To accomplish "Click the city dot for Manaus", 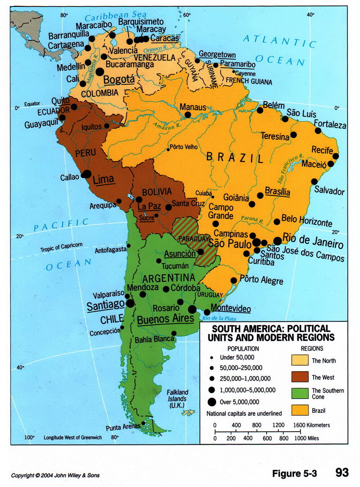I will click(188, 115).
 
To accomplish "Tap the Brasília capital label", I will click(277, 191).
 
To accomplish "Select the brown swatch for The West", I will click(300, 377).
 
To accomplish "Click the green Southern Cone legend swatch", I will click(300, 393).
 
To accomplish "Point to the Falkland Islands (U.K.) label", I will click(177, 398).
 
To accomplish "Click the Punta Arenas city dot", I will click(143, 423).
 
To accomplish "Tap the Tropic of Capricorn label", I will click(61, 247).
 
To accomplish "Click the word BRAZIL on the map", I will click(235, 158).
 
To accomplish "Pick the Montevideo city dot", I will click(207, 312).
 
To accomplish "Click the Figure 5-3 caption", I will click(294, 473).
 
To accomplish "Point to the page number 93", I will click(342, 473).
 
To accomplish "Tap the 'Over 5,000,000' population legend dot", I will click(212, 402).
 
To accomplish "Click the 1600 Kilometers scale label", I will click(311, 425).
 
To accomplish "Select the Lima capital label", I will click(103, 179).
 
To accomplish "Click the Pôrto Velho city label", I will click(184, 147).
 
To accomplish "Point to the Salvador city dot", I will click(314, 182).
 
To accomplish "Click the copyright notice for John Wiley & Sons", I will click(55, 475).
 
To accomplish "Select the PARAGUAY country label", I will click(193, 239).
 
